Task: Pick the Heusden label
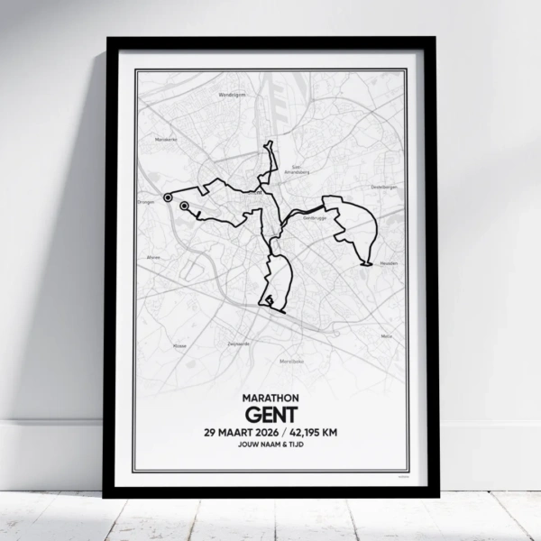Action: (388, 264)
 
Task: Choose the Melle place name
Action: (387, 335)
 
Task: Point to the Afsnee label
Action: (152, 257)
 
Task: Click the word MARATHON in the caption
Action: (270, 398)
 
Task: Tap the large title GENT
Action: (270, 414)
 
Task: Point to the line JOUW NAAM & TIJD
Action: (270, 445)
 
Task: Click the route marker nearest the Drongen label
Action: (167, 196)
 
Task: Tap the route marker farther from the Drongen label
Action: (184, 206)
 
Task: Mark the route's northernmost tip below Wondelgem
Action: (267, 143)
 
